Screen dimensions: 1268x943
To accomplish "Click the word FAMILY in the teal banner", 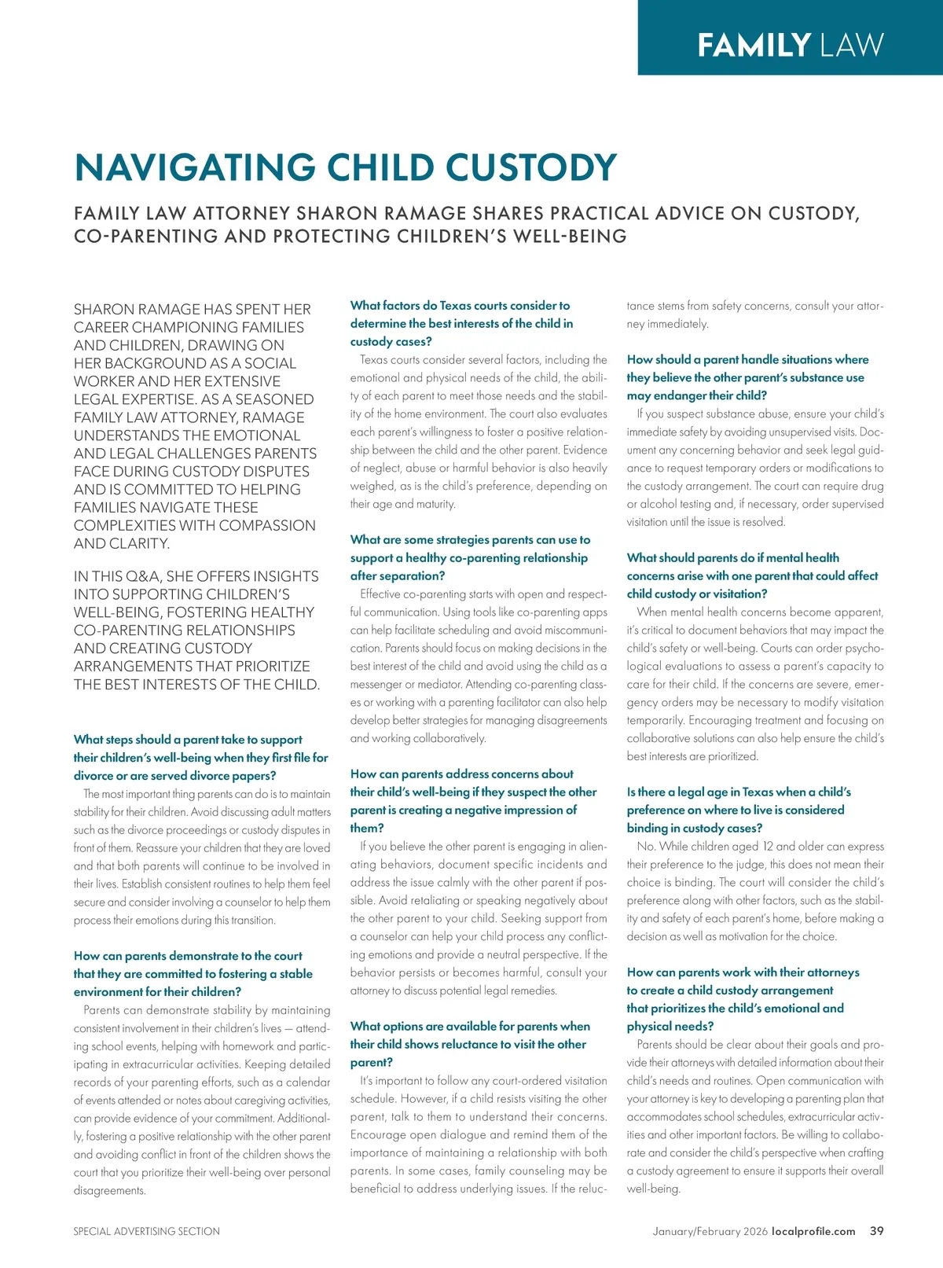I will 754,45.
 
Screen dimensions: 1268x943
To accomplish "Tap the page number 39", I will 876,1231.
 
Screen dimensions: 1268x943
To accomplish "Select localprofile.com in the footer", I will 813,1231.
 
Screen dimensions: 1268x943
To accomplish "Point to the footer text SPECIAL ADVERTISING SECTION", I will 147,1231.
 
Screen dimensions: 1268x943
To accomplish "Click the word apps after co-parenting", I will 594,612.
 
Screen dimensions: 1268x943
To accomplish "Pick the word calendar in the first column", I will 308,1082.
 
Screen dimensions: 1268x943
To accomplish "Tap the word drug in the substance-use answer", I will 872,486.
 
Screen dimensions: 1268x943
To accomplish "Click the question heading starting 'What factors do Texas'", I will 461,323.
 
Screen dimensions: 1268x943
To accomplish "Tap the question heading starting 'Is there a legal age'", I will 739,810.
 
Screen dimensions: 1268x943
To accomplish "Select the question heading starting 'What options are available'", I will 470,1044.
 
